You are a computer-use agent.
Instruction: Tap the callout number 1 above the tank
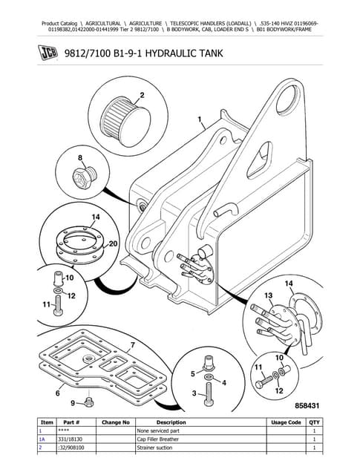(x=199, y=119)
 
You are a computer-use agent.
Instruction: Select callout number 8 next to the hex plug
(x=79, y=158)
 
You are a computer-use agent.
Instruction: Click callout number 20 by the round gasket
(x=113, y=243)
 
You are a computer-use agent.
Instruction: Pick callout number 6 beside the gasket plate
(x=56, y=393)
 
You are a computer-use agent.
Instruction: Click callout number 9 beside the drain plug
(x=72, y=403)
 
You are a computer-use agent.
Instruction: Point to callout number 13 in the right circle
(x=270, y=296)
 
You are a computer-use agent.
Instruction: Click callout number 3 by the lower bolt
(x=194, y=393)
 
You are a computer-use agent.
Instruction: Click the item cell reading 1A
(x=42, y=439)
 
